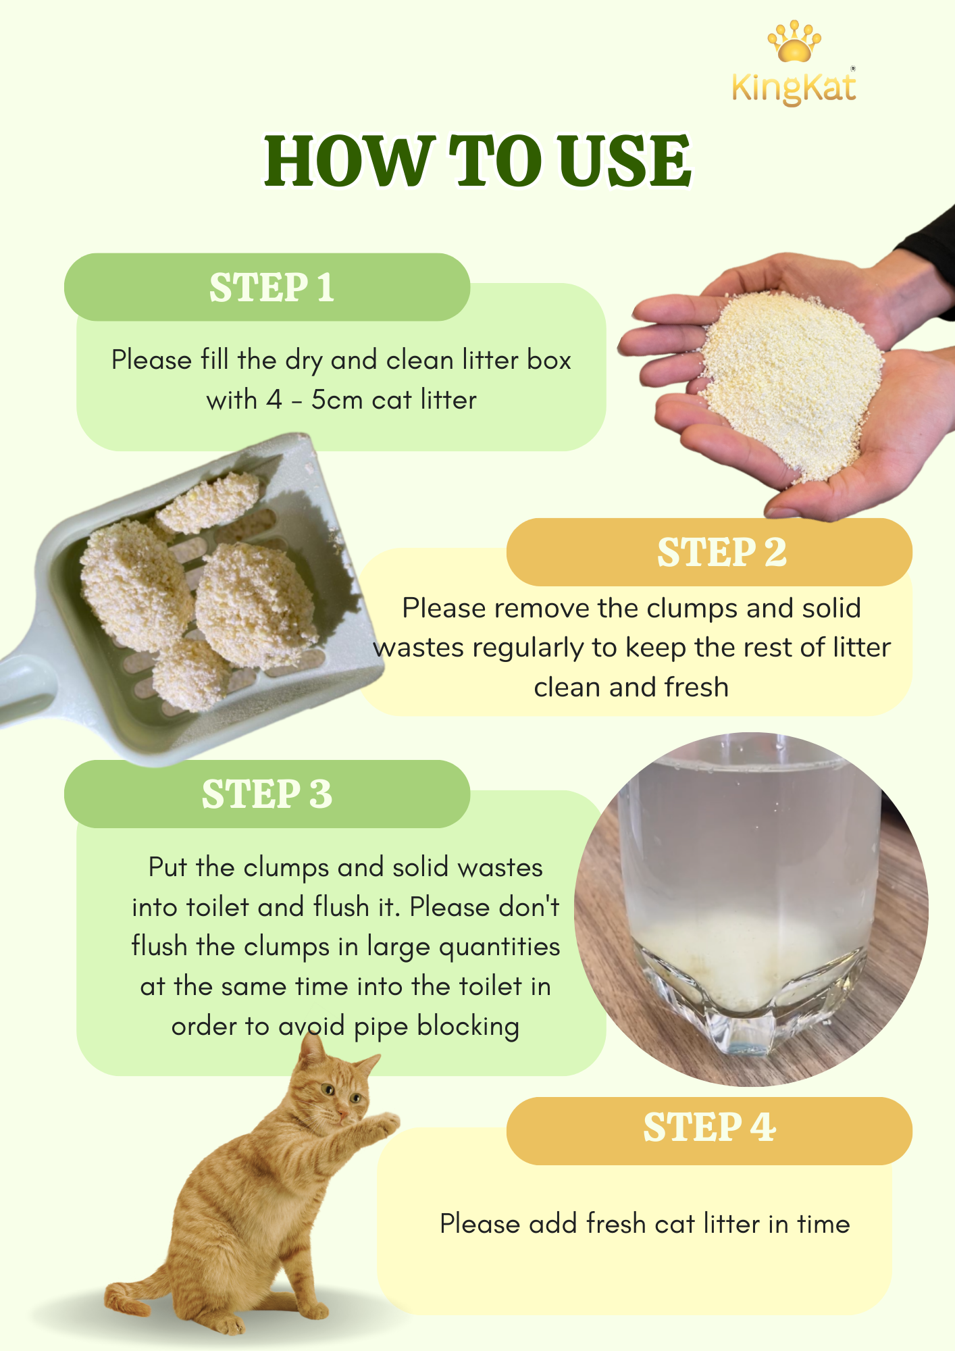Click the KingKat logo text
coord(794,88)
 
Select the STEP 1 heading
coord(272,288)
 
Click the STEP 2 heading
coord(722,553)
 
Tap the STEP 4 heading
coord(709,1127)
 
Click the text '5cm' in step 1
coord(337,400)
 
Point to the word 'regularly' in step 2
coord(527,648)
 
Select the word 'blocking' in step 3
coord(468,1027)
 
